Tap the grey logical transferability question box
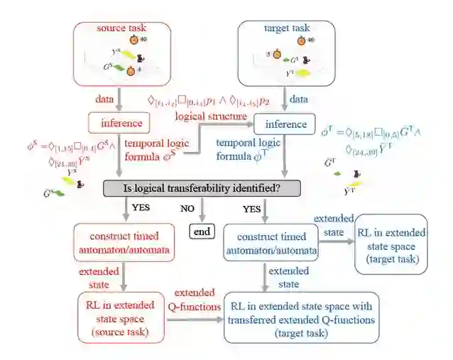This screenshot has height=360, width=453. click(202, 187)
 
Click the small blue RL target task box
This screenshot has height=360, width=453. click(392, 243)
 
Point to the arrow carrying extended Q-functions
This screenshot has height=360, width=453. click(194, 318)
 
